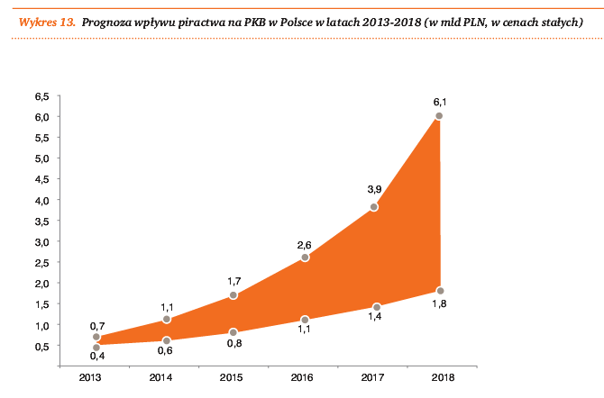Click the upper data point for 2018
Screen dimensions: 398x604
click(x=439, y=116)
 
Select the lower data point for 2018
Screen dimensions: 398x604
click(x=440, y=291)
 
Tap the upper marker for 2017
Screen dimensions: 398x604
click(x=374, y=207)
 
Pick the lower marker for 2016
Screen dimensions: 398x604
click(x=305, y=320)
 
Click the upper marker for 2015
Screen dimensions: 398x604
click(x=233, y=295)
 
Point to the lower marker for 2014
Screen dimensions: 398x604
click(x=167, y=340)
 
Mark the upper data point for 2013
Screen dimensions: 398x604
click(x=96, y=337)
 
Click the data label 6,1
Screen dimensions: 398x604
click(x=440, y=102)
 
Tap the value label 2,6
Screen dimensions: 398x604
click(x=305, y=244)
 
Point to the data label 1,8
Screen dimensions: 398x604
click(x=440, y=304)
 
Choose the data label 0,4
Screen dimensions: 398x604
click(x=96, y=358)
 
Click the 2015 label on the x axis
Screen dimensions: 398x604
click(x=233, y=378)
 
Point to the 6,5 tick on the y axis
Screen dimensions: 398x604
click(x=41, y=95)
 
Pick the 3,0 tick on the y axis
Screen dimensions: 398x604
click(x=41, y=241)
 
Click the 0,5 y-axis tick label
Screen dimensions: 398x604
click(x=41, y=346)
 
